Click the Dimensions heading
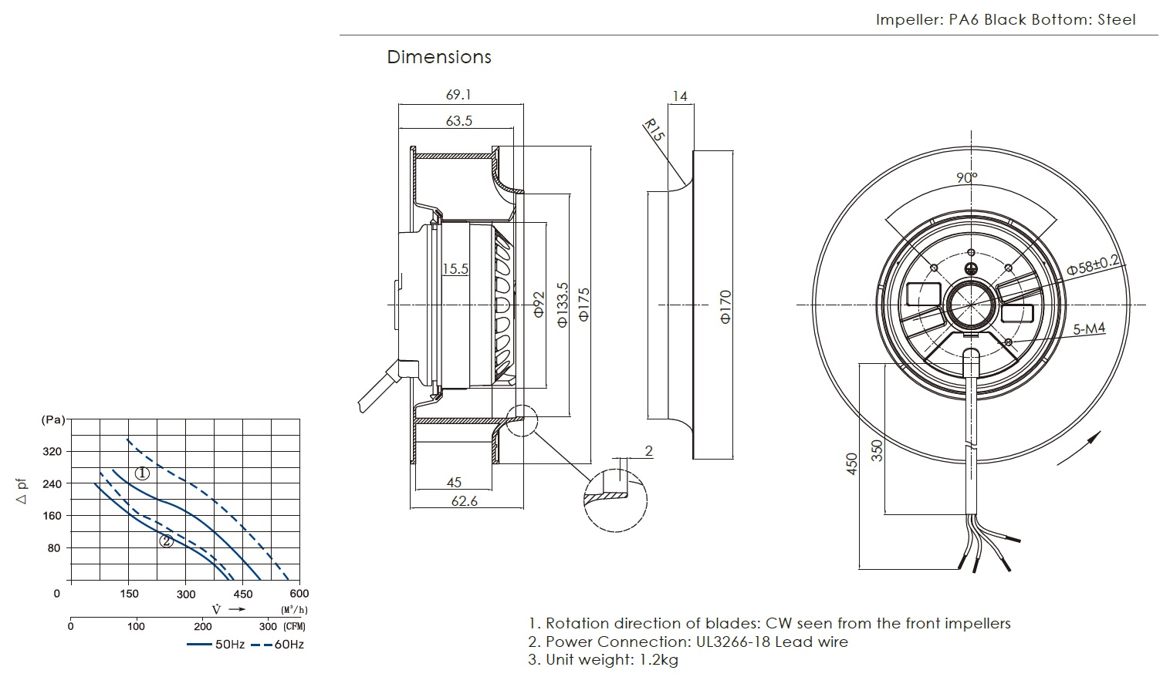point(438,57)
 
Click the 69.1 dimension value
point(458,95)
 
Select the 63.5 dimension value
point(458,120)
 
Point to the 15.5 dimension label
point(455,269)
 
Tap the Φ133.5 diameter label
point(563,304)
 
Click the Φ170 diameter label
point(725,306)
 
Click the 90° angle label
point(967,177)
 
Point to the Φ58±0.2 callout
point(1093,264)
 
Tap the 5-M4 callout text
point(1089,329)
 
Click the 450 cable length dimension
point(852,463)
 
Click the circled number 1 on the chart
point(141,473)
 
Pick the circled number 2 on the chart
point(166,541)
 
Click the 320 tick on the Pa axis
point(52,451)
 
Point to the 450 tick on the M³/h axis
point(242,594)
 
